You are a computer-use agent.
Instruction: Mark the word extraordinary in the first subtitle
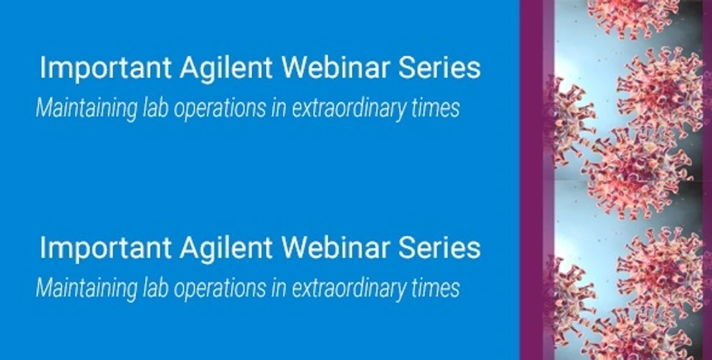[352, 108]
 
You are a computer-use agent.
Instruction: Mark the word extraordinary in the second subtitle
[352, 288]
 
